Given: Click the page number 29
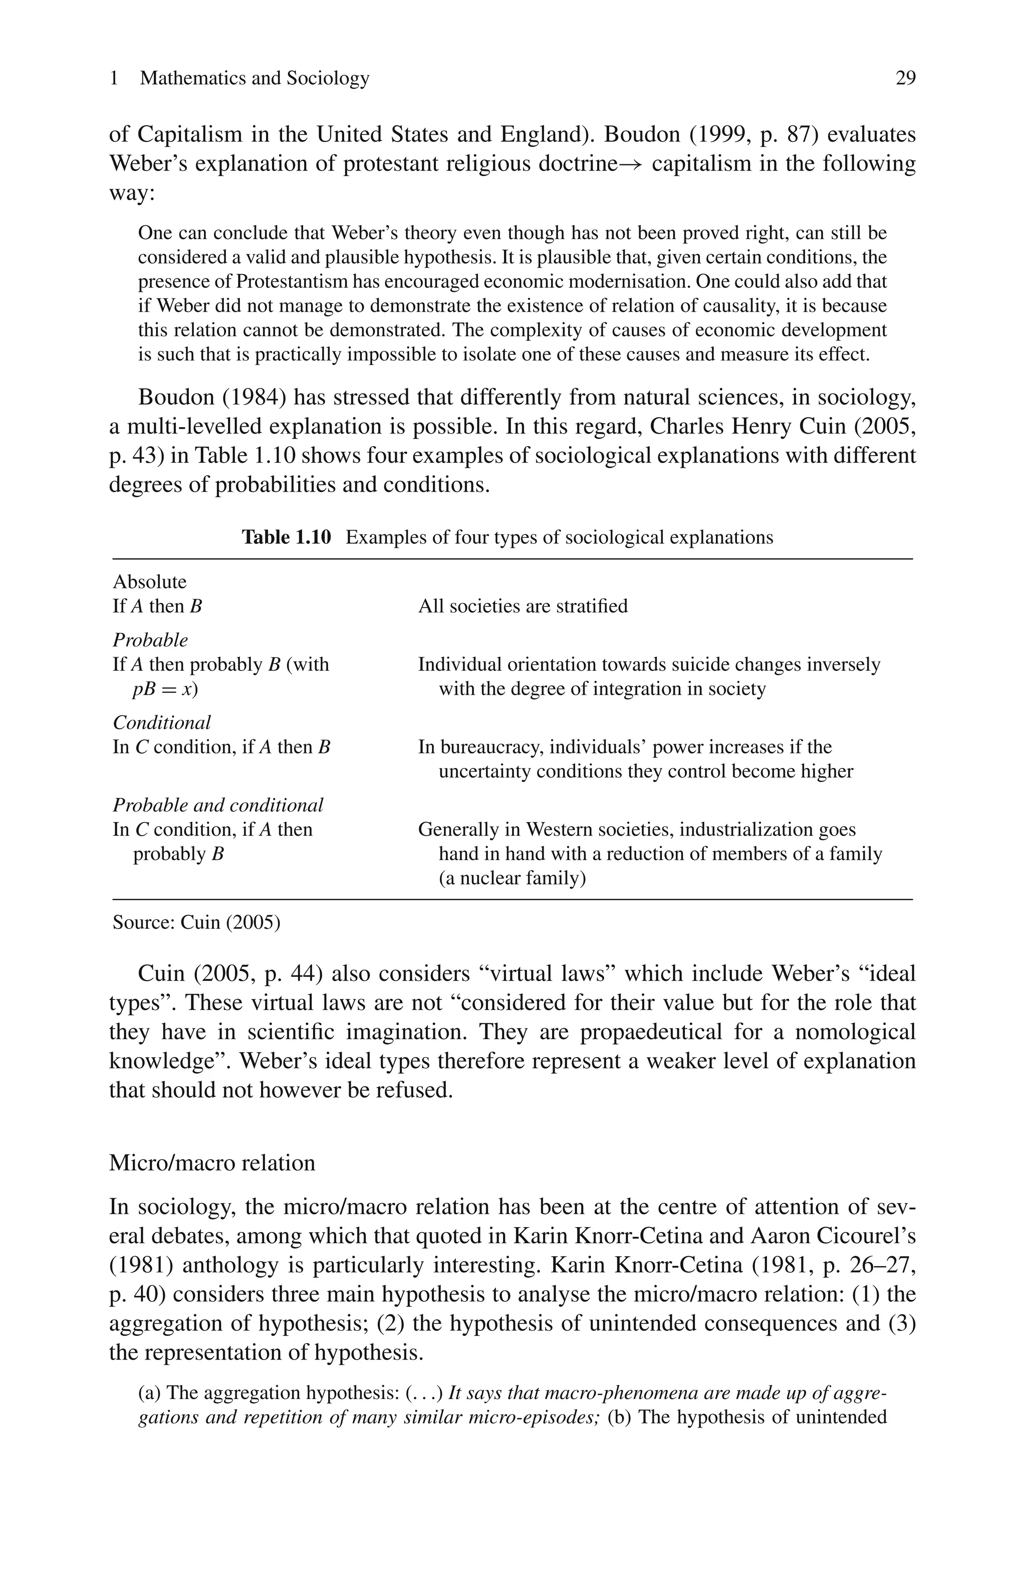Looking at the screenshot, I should click(x=905, y=78).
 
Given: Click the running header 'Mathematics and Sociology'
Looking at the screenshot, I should click(x=254, y=78).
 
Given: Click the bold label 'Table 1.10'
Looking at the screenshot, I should click(x=286, y=537).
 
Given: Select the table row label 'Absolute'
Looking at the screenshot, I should click(x=150, y=582).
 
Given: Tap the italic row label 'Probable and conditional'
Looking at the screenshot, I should click(x=217, y=805).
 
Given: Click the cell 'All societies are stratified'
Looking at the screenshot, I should click(x=523, y=606).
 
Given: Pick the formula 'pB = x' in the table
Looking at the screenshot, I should click(x=164, y=689).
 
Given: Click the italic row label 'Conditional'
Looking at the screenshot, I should click(x=162, y=722).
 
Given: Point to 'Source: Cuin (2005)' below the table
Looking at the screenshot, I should click(x=196, y=922).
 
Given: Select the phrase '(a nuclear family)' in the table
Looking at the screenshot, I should click(x=512, y=878).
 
